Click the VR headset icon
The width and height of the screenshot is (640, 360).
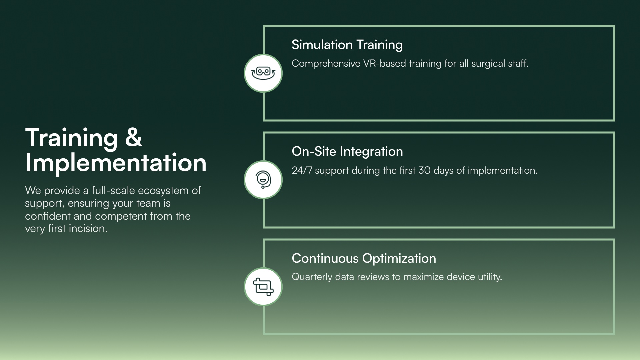pyautogui.click(x=263, y=73)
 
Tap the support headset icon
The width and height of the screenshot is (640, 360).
pyautogui.click(x=263, y=180)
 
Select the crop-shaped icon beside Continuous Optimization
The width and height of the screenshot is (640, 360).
pyautogui.click(x=263, y=287)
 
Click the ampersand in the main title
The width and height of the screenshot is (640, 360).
pyautogui.click(x=133, y=137)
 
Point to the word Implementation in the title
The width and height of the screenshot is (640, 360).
pyautogui.click(x=116, y=163)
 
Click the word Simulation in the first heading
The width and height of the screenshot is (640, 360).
pyautogui.click(x=322, y=45)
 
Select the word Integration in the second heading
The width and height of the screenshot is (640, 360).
pyautogui.click(x=371, y=151)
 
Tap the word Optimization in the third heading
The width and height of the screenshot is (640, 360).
pyautogui.click(x=399, y=258)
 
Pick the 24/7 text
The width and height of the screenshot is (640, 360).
pyautogui.click(x=302, y=170)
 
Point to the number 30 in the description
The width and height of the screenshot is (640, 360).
pyautogui.click(x=425, y=170)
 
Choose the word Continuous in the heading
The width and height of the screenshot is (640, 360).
pyautogui.click(x=325, y=258)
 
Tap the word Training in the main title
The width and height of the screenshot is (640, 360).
pyautogui.click(x=71, y=137)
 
